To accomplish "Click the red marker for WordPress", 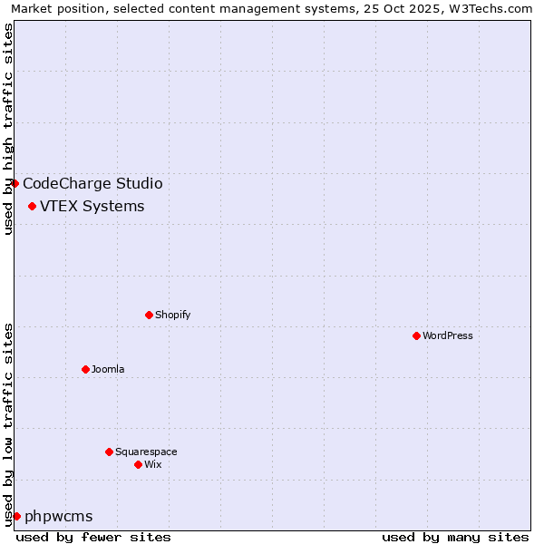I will [x=416, y=335].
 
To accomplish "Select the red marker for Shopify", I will [x=149, y=315].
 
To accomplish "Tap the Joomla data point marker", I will [x=85, y=369].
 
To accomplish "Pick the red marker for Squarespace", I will [x=109, y=452].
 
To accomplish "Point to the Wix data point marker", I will [x=138, y=464].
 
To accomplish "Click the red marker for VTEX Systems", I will [x=32, y=206].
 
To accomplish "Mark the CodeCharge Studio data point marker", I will [x=15, y=183].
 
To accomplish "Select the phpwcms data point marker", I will [x=16, y=516].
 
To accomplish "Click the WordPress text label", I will [x=448, y=335].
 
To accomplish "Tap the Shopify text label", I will [x=172, y=315].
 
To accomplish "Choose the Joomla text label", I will [x=108, y=369].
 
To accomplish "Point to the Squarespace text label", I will [x=146, y=452].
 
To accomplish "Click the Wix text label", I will [x=152, y=464].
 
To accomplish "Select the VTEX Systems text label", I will [x=92, y=206].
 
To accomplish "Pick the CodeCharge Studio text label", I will [x=92, y=183].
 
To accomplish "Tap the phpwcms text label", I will [x=58, y=516].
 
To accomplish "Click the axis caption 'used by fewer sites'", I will [x=93, y=537].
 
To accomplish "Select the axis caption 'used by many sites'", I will [x=455, y=537].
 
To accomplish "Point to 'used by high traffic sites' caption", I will [x=8, y=129].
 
